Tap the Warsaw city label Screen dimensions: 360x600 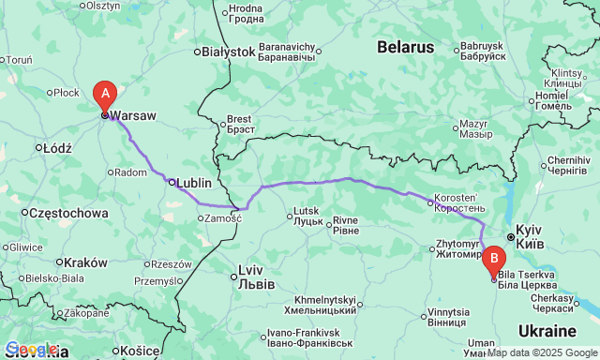(135, 116)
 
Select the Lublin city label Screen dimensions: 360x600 (194, 183)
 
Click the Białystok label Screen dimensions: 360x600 (228, 52)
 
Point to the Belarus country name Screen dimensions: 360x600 (406, 46)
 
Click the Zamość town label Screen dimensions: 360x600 (224, 217)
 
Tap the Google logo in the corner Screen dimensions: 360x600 (30, 350)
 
